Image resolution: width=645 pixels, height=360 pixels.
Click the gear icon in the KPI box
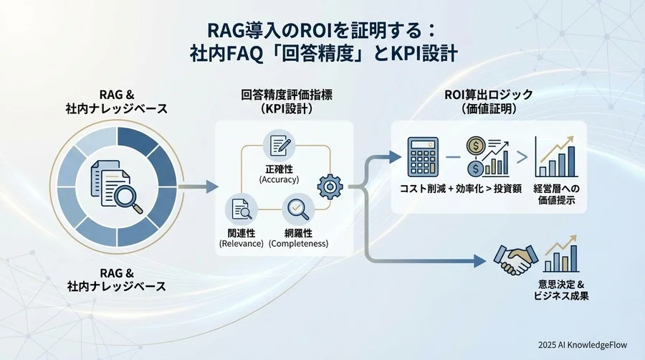point(328,185)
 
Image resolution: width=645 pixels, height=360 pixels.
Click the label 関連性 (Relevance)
point(241,238)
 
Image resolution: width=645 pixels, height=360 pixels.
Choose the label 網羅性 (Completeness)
point(298,238)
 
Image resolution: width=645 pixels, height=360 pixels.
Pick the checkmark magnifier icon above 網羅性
point(297,209)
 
